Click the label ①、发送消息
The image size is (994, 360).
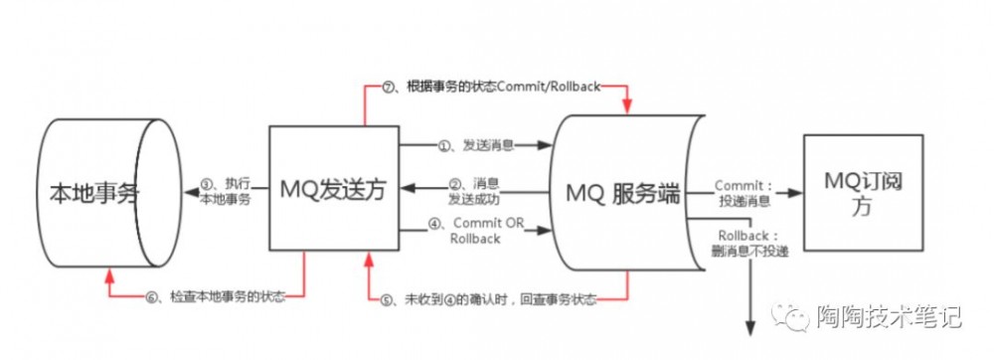coord(475,145)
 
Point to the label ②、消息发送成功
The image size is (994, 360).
coord(476,192)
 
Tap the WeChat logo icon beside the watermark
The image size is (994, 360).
coord(795,318)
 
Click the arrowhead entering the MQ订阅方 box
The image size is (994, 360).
coord(795,193)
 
